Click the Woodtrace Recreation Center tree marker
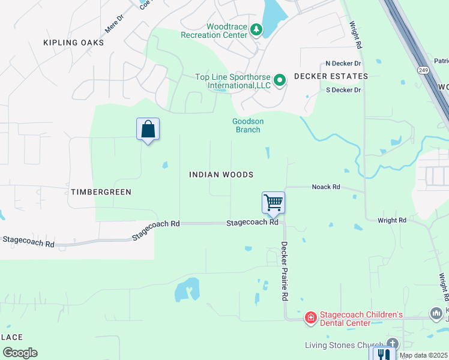tap(256, 29)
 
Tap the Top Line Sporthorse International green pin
tap(280, 80)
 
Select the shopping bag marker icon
tap(148, 129)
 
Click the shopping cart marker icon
tap(273, 203)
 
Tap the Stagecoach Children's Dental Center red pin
tap(310, 317)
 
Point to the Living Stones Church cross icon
tap(392, 343)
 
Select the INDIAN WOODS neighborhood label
tap(221, 175)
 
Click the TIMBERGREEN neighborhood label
tap(101, 192)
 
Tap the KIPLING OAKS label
tap(74, 43)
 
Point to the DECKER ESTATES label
tap(331, 76)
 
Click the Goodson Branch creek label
tap(247, 125)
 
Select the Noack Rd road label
tap(326, 187)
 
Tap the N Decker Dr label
tap(343, 63)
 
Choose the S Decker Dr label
tap(343, 90)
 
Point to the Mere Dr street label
tap(113, 25)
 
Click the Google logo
tap(20, 353)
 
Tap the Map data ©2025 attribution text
tap(423, 355)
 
